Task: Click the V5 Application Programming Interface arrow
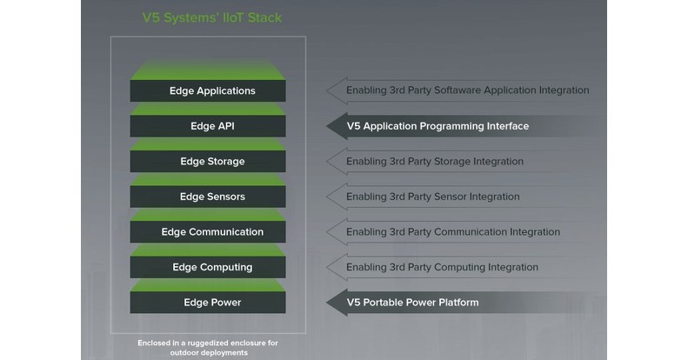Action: click(x=435, y=126)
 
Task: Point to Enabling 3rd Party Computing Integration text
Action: click(x=442, y=267)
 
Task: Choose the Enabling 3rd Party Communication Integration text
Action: click(x=452, y=232)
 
